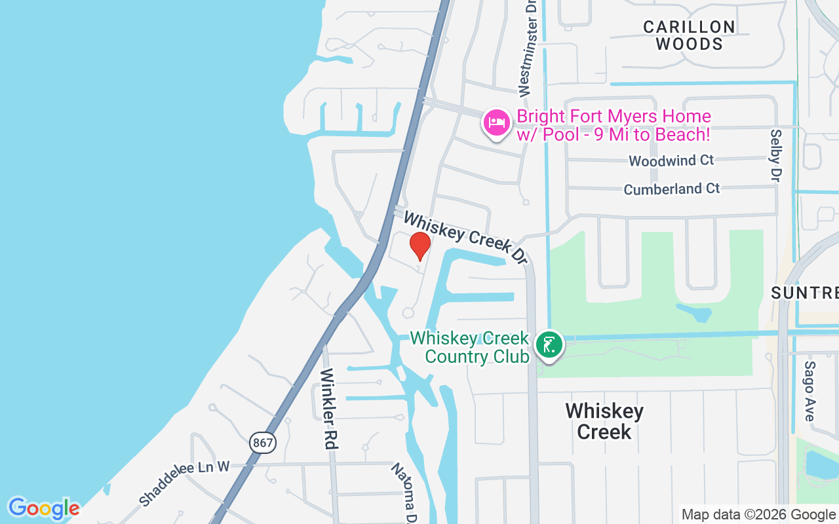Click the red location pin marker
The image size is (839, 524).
tap(420, 246)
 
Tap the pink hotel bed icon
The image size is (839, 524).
tap(497, 122)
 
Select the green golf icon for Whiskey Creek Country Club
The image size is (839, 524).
tap(549, 345)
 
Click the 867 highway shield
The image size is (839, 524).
tap(263, 443)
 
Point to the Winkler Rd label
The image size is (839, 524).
tap(329, 409)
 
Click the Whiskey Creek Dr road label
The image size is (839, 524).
tap(466, 238)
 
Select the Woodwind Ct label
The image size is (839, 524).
tap(671, 160)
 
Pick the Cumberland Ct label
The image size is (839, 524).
tap(671, 189)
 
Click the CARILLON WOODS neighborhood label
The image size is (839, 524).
tap(689, 35)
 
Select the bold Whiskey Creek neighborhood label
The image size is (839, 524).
tap(604, 421)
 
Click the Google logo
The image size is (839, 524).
tap(44, 508)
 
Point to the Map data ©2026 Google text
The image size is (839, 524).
tap(758, 515)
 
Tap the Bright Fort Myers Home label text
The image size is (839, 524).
tap(614, 126)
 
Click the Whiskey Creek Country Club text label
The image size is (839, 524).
tap(469, 347)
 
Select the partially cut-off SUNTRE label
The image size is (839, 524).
tap(805, 293)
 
